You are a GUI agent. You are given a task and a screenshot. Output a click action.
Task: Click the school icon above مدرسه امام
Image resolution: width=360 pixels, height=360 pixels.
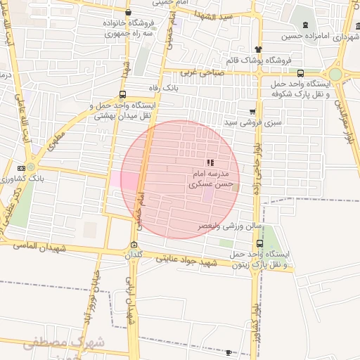[210, 162]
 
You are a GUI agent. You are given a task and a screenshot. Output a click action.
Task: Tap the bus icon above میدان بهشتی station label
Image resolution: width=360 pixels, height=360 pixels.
[123, 94]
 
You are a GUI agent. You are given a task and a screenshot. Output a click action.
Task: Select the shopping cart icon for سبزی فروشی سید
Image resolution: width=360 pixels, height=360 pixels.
[252, 111]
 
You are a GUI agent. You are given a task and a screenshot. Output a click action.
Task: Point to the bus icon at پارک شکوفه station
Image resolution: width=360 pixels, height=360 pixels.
[301, 73]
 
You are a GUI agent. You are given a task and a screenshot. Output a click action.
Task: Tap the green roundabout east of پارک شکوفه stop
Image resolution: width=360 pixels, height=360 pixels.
[335, 74]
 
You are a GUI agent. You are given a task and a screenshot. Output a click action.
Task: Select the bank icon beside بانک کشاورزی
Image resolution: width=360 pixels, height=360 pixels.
[21, 167]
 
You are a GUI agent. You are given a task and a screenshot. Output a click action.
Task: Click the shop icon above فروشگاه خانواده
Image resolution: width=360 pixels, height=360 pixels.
[127, 13]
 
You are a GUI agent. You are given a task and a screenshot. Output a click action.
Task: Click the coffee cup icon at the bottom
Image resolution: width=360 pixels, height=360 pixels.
[228, 352]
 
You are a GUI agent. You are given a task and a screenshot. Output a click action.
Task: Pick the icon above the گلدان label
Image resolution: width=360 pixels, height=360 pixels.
[134, 245]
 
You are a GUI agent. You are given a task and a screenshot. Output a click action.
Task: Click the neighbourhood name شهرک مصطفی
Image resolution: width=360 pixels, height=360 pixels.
[64, 343]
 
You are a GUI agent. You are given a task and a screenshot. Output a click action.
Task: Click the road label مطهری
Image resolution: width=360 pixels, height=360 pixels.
[56, 144]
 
